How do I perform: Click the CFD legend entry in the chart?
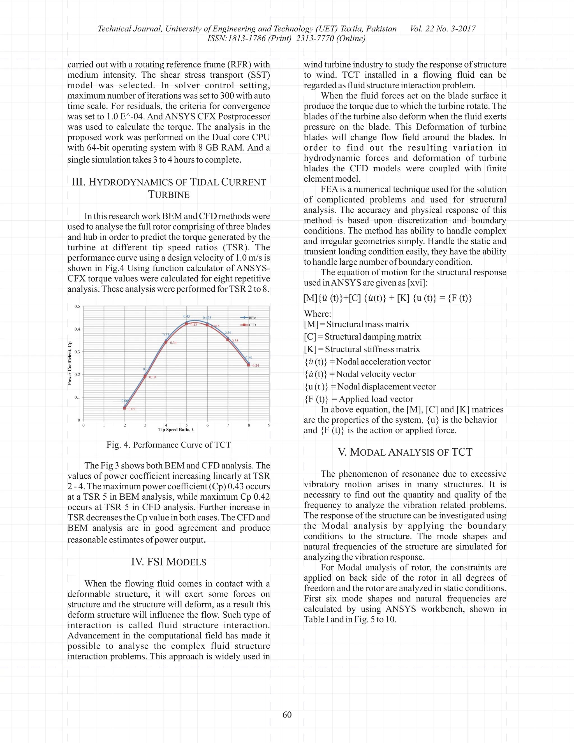(x=252, y=325)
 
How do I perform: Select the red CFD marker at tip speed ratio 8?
(x=249, y=365)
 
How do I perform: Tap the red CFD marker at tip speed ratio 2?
(x=124, y=408)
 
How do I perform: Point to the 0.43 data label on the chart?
(x=186, y=316)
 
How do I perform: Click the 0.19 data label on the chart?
(x=152, y=377)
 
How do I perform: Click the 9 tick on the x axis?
(x=269, y=425)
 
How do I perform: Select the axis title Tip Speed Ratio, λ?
(x=176, y=430)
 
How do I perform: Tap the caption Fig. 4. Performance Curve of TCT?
(x=169, y=445)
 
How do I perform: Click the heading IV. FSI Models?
(x=169, y=562)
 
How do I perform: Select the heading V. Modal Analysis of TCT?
(x=405, y=452)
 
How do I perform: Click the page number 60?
(x=287, y=715)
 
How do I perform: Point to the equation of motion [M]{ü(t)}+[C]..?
(x=388, y=298)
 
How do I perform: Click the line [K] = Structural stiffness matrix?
(x=362, y=349)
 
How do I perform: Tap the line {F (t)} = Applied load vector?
(x=359, y=399)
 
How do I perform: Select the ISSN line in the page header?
(x=286, y=38)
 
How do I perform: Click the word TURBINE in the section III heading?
(x=169, y=195)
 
